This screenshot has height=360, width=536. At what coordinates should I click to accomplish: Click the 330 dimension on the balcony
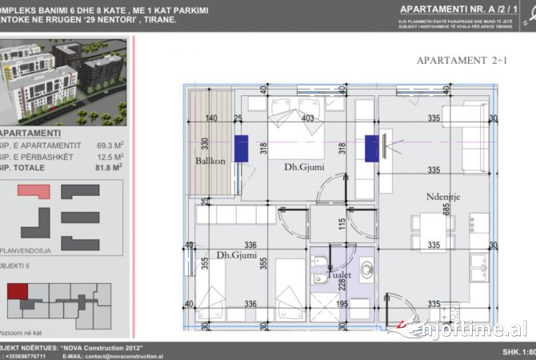pos(206,146)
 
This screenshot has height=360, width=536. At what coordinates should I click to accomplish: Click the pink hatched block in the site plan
pos(38,190)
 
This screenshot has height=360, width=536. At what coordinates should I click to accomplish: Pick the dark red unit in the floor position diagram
pos(18,292)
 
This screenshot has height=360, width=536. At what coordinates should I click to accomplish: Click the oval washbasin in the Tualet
pos(368,270)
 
